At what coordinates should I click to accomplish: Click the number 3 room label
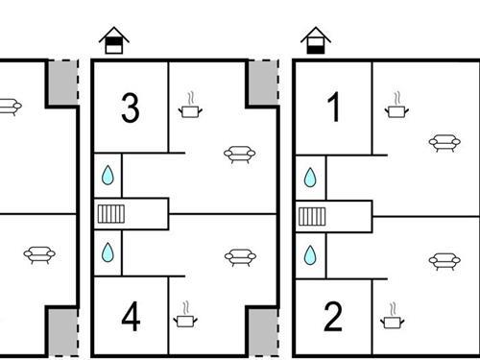131,109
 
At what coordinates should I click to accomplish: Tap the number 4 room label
131,317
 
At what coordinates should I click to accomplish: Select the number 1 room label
333,109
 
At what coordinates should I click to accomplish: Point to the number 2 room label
333,317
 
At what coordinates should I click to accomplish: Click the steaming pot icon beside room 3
191,108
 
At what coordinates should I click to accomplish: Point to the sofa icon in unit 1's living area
443,143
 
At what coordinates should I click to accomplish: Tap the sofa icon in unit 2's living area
443,261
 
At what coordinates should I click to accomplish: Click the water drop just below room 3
108,176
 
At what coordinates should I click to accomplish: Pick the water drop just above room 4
108,252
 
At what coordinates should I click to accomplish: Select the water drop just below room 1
311,178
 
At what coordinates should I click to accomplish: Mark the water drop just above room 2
311,254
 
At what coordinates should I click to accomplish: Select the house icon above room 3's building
114,40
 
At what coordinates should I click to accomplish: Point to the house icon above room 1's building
315,40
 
